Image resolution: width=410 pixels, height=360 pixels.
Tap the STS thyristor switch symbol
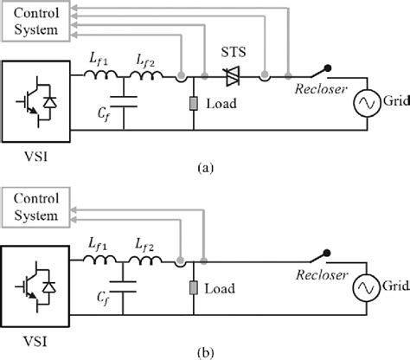tap(231, 78)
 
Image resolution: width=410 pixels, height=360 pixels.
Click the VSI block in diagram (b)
tap(35, 286)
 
